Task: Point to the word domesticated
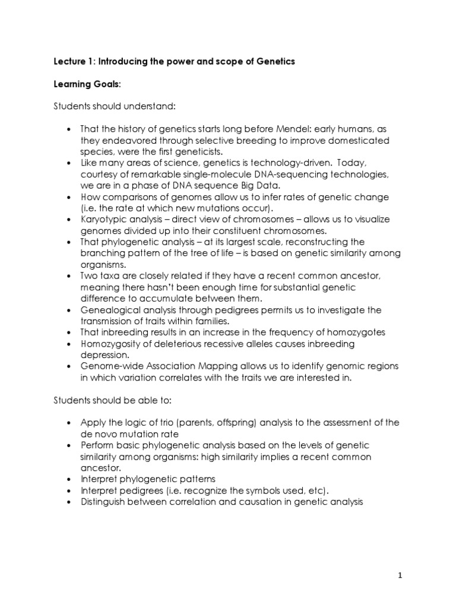[x=356, y=140]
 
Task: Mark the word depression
[x=104, y=354]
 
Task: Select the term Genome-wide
[x=110, y=366]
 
